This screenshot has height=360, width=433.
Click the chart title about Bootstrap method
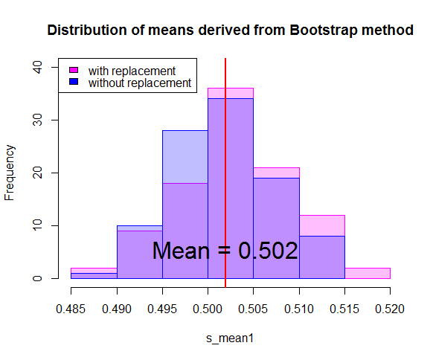point(229,31)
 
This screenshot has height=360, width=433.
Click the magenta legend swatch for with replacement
point(73,71)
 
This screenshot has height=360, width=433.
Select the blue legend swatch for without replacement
point(73,82)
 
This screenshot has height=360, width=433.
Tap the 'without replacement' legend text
point(139,83)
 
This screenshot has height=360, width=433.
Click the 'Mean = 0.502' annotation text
point(225,251)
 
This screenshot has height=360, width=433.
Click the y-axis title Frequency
point(10,173)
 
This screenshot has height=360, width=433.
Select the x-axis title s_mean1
point(230,339)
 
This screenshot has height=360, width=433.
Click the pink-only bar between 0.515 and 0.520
point(368,273)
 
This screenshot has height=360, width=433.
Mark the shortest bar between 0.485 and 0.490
point(94,274)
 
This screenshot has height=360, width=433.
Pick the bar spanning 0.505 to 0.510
point(276,223)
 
